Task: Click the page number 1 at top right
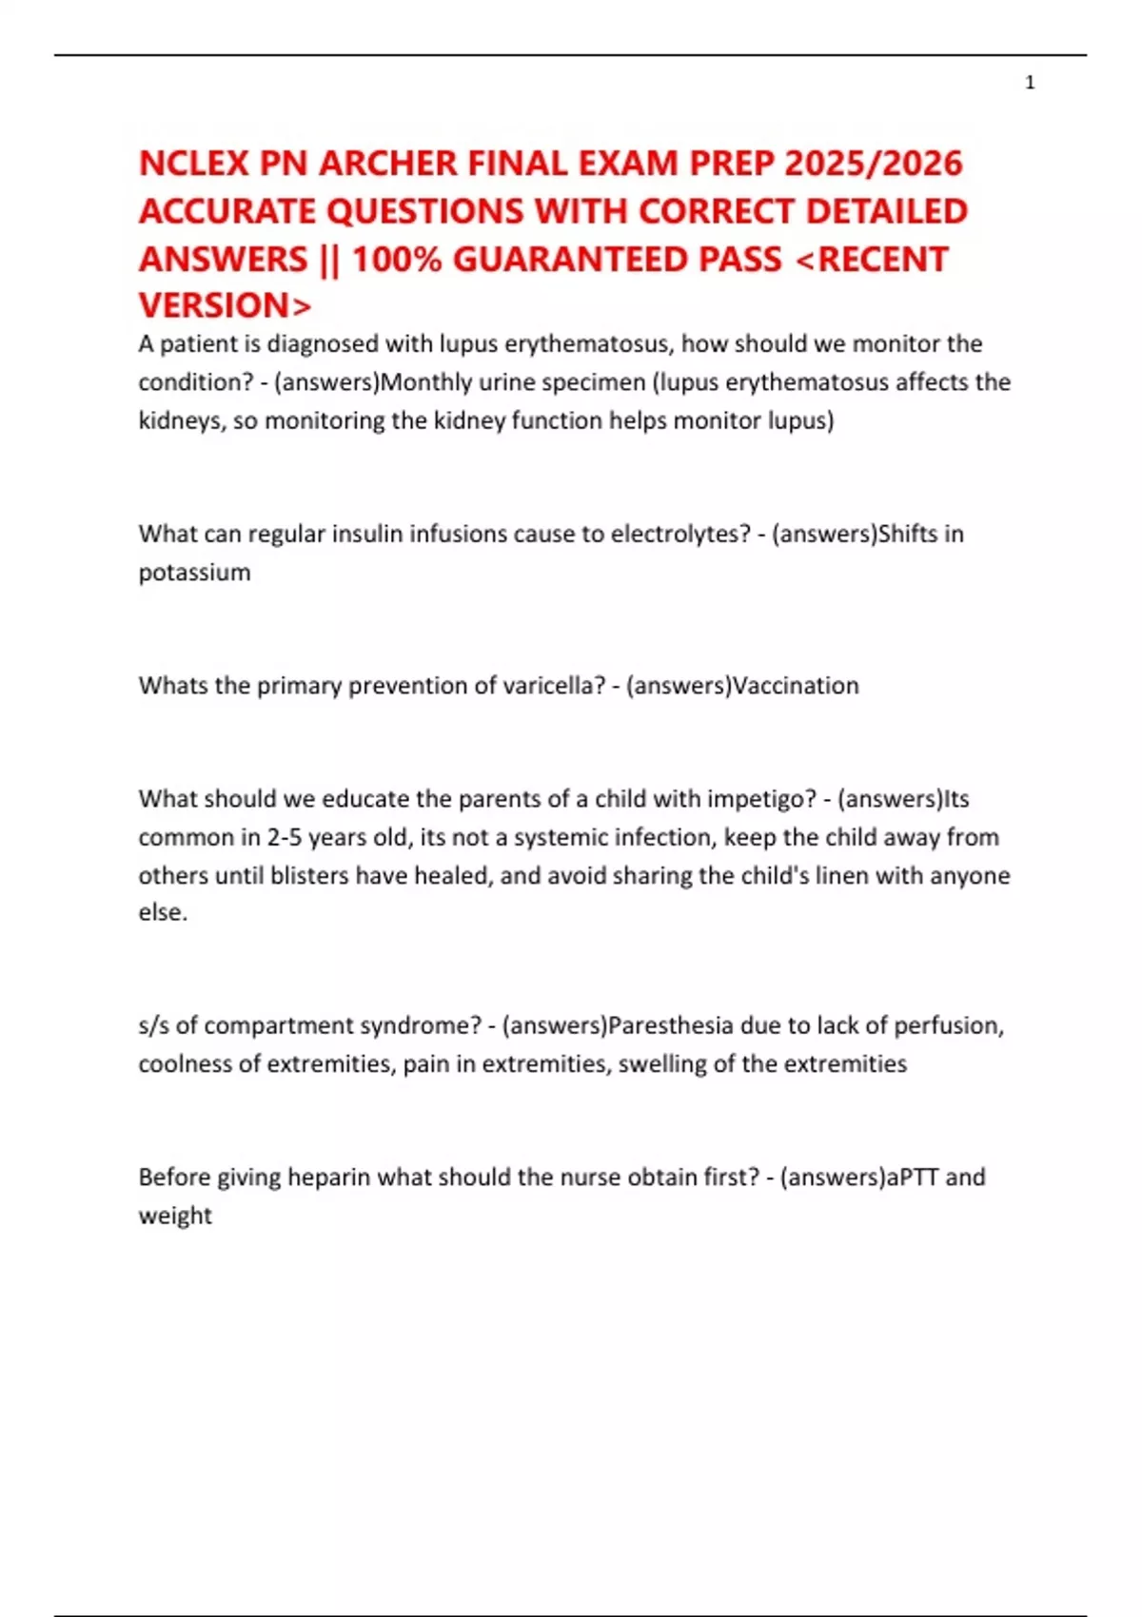click(x=1030, y=84)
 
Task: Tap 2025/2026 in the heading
click(x=873, y=164)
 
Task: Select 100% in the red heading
click(x=397, y=260)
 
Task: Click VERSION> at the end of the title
click(x=225, y=306)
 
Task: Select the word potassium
click(x=194, y=573)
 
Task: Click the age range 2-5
click(x=284, y=837)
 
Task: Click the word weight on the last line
click(x=175, y=1216)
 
